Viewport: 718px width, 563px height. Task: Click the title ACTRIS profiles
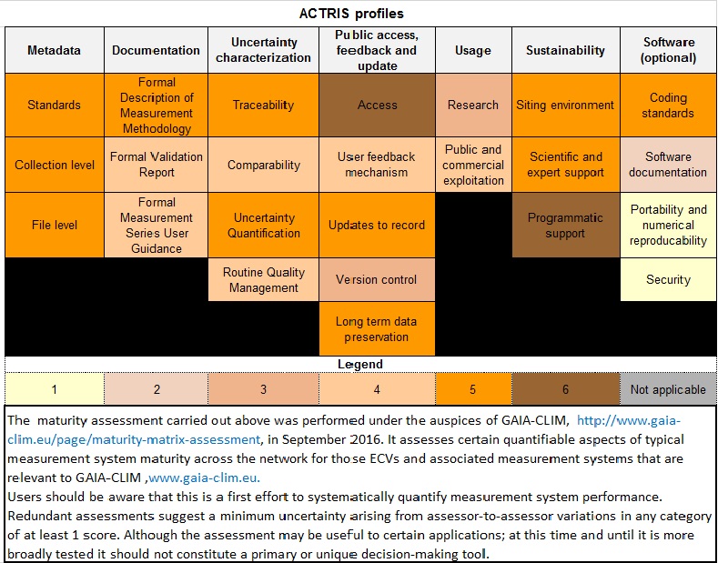[x=351, y=14]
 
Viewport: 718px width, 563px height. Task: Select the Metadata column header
[x=55, y=50]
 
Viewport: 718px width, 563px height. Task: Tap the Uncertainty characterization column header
[x=263, y=50]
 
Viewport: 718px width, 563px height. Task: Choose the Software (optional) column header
[x=669, y=50]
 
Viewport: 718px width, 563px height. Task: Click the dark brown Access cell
[x=377, y=105]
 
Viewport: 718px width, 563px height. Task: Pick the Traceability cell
[x=263, y=105]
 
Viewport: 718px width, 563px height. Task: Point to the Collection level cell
[x=55, y=165]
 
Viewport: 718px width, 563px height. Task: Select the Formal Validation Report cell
[x=157, y=165]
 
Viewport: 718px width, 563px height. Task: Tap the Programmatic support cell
[x=565, y=225]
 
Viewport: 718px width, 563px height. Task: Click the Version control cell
[x=377, y=279]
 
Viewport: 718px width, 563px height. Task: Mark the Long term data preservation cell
[x=377, y=328]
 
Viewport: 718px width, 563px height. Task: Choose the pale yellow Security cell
[x=669, y=279]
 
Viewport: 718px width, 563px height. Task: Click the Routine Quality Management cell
[x=263, y=279]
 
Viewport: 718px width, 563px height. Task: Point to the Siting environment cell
[x=565, y=105]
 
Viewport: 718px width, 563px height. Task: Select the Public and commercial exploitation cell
[x=473, y=165]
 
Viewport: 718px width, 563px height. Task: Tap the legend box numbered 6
[x=565, y=389]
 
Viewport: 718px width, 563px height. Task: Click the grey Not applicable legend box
[x=669, y=389]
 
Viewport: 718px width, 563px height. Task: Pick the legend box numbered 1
[x=55, y=389]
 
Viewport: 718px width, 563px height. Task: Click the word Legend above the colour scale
[x=360, y=365]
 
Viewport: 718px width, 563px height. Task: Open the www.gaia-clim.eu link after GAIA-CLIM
[x=204, y=478]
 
